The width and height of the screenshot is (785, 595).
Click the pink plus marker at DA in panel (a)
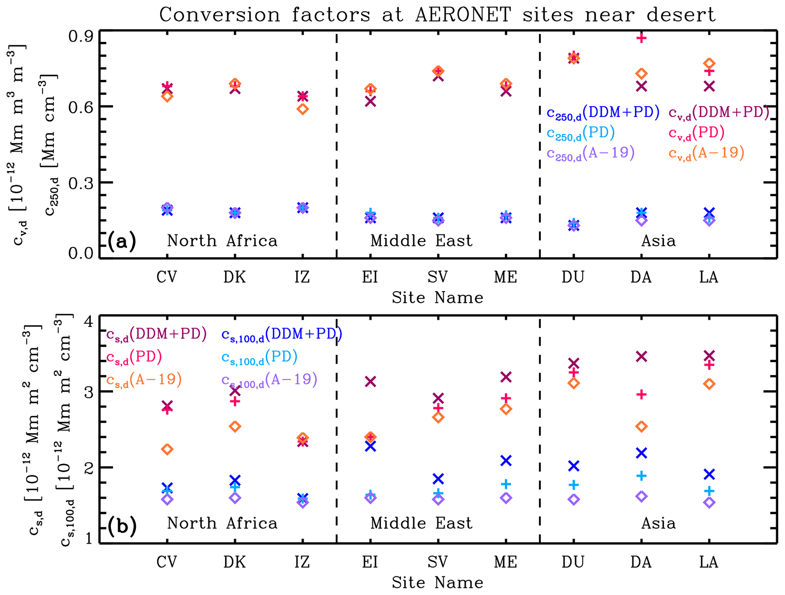641,38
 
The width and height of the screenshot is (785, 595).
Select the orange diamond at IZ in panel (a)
303,109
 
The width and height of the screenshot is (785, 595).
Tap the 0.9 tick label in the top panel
81,37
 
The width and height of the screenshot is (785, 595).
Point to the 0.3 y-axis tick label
81,183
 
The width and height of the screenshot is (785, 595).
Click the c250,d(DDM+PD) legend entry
603,113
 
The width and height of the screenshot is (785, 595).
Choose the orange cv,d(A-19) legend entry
706,153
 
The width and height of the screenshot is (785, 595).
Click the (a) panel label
122,241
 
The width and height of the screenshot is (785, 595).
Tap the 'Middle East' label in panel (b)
422,524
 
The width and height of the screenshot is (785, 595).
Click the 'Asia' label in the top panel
659,241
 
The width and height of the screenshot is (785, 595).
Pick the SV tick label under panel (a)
438,277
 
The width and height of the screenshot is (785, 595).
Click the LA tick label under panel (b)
709,562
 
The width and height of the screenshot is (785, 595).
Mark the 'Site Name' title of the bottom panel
438,582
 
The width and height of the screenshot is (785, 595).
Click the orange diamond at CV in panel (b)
167,449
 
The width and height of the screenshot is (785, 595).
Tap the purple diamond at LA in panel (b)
709,503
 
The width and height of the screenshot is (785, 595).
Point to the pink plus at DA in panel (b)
641,395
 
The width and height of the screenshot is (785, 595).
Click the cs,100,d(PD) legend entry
259,357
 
